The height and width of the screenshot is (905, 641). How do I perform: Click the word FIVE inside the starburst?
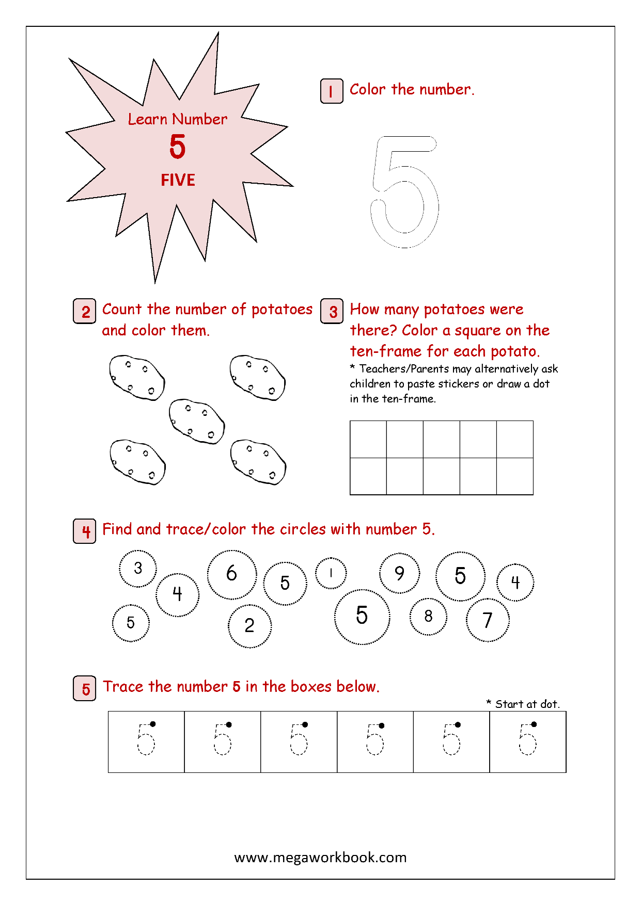click(178, 180)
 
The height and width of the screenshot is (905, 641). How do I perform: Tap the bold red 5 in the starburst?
click(177, 147)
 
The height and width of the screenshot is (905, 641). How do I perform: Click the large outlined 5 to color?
click(404, 191)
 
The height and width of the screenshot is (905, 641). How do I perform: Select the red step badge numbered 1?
click(331, 91)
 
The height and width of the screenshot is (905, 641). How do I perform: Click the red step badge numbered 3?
click(332, 311)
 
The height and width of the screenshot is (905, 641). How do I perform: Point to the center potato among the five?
click(197, 421)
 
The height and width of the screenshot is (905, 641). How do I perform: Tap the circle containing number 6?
click(232, 574)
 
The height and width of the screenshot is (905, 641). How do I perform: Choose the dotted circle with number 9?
click(399, 573)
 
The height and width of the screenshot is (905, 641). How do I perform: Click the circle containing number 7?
click(488, 620)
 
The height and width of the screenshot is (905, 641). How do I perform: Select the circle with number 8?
click(428, 616)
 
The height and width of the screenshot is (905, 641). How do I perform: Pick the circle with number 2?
click(249, 626)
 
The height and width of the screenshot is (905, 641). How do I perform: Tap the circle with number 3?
click(138, 568)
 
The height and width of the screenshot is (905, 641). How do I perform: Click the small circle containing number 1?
click(331, 573)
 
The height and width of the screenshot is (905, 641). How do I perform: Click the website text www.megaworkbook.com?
click(320, 858)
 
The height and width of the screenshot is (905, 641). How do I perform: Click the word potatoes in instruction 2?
click(282, 309)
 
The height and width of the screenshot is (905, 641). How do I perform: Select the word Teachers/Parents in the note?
click(404, 369)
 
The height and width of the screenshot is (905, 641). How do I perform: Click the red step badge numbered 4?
click(85, 531)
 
